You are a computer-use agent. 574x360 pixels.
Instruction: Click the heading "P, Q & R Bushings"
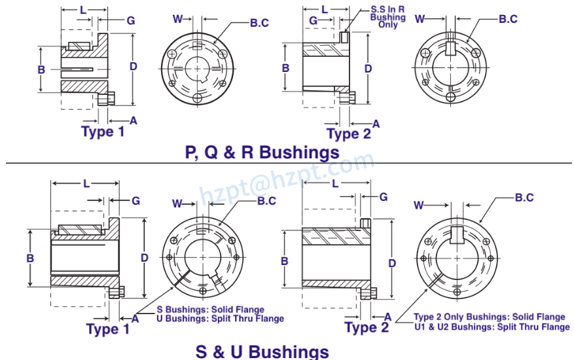pyautogui.click(x=262, y=153)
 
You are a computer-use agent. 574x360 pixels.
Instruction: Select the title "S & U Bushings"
pyautogui.click(x=262, y=351)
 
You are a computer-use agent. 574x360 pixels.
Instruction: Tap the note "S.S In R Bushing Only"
pyautogui.click(x=387, y=18)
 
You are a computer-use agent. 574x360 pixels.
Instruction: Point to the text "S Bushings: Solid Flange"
pyautogui.click(x=210, y=310)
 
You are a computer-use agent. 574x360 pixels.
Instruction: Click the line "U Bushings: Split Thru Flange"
pyautogui.click(x=220, y=318)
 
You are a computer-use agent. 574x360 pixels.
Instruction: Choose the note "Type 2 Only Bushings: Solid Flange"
pyautogui.click(x=489, y=317)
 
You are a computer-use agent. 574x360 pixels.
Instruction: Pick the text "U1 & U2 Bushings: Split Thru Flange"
pyautogui.click(x=492, y=326)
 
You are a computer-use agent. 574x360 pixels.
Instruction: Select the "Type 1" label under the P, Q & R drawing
pyautogui.click(x=103, y=131)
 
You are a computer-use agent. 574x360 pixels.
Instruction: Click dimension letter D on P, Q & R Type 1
pyautogui.click(x=133, y=66)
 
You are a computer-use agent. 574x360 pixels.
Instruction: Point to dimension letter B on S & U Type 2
pyautogui.click(x=285, y=261)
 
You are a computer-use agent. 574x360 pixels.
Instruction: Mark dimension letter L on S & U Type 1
pyautogui.click(x=86, y=184)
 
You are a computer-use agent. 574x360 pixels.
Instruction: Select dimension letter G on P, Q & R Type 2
pyautogui.click(x=313, y=21)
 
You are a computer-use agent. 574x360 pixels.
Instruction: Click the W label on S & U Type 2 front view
pyautogui.click(x=420, y=206)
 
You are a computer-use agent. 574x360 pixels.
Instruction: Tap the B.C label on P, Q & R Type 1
pyautogui.click(x=259, y=24)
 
